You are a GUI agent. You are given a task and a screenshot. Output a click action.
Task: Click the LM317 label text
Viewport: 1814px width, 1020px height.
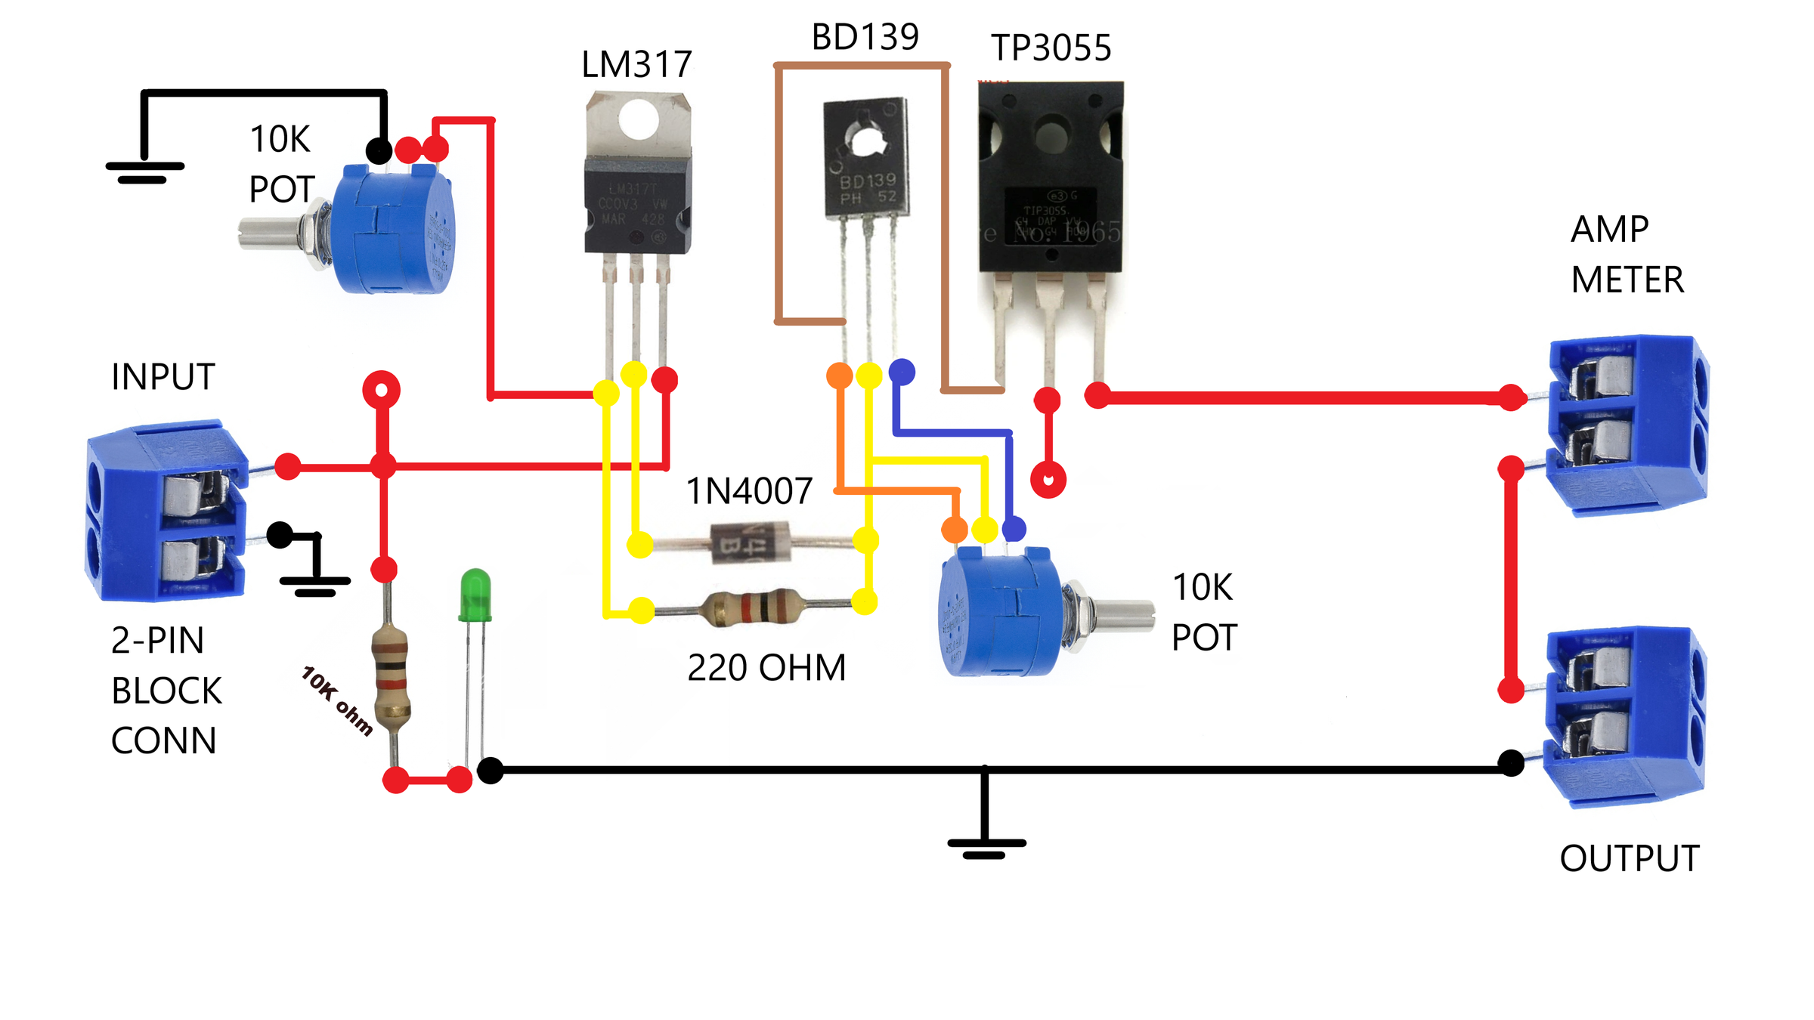pyautogui.click(x=636, y=65)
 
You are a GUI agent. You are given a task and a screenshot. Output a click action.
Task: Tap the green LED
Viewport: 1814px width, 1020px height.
pyautogui.click(x=475, y=595)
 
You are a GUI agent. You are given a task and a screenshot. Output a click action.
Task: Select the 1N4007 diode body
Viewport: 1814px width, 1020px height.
pyautogui.click(x=750, y=542)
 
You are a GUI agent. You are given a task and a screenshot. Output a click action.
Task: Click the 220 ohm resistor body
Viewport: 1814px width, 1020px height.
pyautogui.click(x=753, y=607)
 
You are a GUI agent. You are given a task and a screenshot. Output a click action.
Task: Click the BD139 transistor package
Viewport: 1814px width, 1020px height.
pyautogui.click(x=866, y=159)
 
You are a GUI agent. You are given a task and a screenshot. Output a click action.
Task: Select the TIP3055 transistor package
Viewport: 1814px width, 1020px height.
pyautogui.click(x=1051, y=178)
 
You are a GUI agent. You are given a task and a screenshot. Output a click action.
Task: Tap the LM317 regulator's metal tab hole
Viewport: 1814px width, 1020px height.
pyautogui.click(x=639, y=119)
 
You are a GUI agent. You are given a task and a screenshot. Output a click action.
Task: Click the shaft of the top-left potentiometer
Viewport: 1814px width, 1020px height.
pyautogui.click(x=268, y=233)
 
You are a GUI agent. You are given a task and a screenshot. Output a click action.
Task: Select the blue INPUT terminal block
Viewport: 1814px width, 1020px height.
pyautogui.click(x=166, y=512)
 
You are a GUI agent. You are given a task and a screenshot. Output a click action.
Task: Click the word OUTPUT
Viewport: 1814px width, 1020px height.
pyautogui.click(x=1629, y=859)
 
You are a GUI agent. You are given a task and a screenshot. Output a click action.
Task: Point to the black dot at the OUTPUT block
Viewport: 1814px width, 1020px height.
pyautogui.click(x=1510, y=763)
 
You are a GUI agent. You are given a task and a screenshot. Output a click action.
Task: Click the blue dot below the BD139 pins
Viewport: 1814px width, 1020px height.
pyautogui.click(x=902, y=372)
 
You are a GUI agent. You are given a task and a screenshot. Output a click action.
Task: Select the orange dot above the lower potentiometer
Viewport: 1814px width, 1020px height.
pyautogui.click(x=955, y=530)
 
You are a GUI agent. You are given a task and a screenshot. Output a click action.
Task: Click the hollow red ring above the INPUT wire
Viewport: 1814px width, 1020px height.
pyautogui.click(x=382, y=390)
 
